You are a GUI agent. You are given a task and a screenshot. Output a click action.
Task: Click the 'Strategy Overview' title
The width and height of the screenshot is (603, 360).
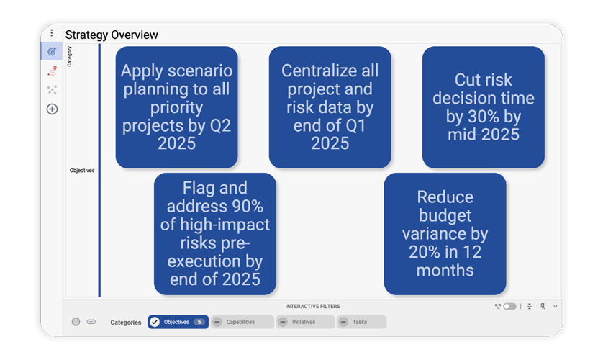coord(112,35)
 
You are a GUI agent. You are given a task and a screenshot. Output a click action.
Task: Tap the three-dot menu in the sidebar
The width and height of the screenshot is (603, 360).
coord(52,33)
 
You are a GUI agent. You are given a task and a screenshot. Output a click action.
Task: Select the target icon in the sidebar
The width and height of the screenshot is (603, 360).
coord(52,52)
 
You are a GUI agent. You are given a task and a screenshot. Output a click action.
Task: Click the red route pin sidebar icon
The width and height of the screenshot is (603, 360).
coord(52,71)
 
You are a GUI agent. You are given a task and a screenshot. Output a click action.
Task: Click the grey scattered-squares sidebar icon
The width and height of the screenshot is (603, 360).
coord(52,90)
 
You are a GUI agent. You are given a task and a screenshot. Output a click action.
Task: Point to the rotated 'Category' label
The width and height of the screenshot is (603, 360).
coord(70,57)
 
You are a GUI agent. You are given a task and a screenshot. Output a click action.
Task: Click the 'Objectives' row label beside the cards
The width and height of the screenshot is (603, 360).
coord(82,171)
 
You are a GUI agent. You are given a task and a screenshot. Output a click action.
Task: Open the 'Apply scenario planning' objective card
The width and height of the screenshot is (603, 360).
coord(176,107)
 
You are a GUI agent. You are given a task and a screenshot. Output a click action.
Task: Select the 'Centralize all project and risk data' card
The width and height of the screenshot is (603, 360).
coord(330,107)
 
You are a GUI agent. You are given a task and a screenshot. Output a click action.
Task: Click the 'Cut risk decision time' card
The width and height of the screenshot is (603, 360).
coord(483,107)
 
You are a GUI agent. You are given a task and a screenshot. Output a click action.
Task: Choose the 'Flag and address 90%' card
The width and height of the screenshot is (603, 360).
coord(215,234)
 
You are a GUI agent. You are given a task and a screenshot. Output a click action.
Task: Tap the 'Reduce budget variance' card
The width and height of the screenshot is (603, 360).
coord(445,234)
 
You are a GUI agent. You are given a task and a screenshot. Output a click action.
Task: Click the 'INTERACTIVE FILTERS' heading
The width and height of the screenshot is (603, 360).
coord(312,306)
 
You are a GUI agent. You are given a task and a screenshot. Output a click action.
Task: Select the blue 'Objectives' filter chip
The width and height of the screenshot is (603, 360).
coord(178,322)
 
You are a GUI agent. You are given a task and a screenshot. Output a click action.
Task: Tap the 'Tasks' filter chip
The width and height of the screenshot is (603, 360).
coord(362,322)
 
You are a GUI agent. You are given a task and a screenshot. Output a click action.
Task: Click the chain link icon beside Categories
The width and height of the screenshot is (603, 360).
coord(91,322)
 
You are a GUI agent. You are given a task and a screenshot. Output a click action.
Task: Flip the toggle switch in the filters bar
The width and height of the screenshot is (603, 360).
coord(509,306)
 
